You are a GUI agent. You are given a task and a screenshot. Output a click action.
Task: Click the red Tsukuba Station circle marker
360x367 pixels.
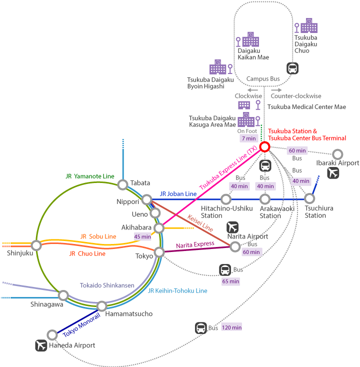point(264,146)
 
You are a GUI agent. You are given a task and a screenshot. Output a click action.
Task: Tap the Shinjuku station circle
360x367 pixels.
point(36,245)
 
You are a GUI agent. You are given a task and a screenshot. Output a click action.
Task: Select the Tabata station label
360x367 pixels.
point(140,182)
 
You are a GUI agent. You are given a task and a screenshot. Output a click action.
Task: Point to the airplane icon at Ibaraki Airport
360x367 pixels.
point(332,173)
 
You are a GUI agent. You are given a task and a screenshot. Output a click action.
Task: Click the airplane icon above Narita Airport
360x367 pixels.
point(232,226)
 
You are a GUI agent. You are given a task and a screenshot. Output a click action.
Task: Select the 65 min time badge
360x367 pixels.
point(230,281)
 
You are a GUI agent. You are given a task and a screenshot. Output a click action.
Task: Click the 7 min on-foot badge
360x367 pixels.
point(248,138)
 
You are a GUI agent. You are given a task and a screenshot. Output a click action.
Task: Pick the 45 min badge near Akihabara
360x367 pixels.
point(142,236)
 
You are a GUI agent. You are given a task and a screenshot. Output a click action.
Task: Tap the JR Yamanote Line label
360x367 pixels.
point(90,176)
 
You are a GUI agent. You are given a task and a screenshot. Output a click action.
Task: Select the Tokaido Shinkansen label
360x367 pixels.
point(107,285)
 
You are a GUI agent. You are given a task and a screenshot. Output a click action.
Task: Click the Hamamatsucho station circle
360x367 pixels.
point(101,305)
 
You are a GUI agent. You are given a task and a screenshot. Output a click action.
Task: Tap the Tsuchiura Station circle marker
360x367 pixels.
point(309,198)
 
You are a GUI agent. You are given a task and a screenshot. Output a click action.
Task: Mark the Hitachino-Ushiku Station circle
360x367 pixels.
point(226,199)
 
